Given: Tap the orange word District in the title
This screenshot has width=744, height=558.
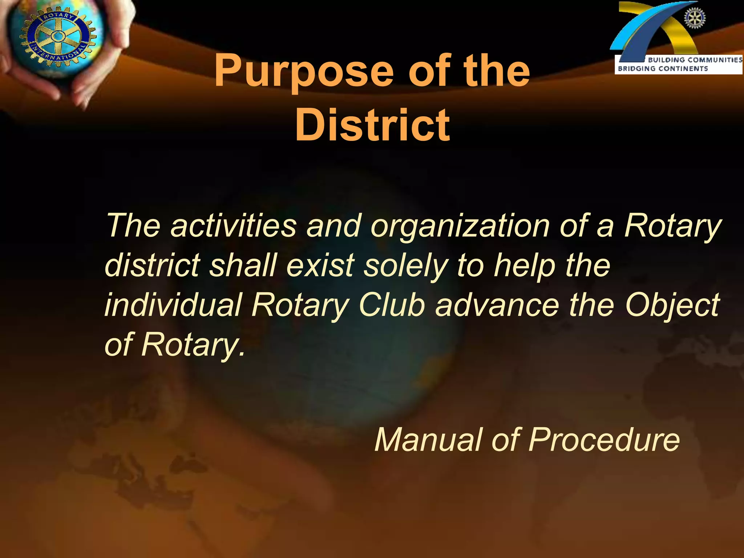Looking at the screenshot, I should click(373, 125).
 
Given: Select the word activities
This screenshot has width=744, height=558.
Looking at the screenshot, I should click(234, 226).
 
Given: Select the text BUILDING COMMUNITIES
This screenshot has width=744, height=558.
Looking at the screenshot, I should click(695, 60).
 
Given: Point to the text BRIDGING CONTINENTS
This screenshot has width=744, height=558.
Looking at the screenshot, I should click(663, 69).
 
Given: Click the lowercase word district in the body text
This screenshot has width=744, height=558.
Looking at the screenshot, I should click(152, 265).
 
